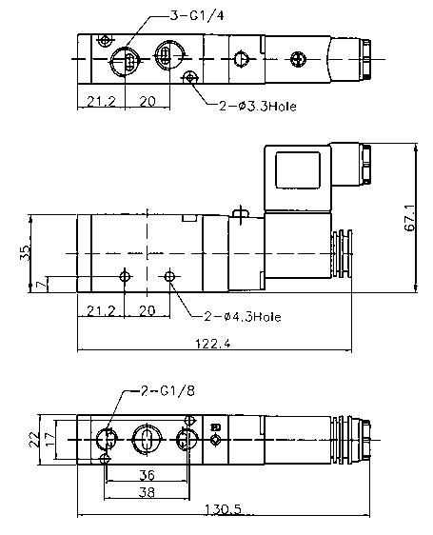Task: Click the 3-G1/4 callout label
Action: pyautogui.click(x=197, y=15)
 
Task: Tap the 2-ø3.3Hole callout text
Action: pyautogui.click(x=258, y=107)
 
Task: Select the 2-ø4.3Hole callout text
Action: pyautogui.click(x=243, y=317)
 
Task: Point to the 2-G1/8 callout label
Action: pyautogui.click(x=167, y=390)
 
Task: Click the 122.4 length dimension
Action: pyautogui.click(x=213, y=343)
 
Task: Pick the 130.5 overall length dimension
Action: pyautogui.click(x=223, y=509)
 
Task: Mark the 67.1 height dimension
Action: pyautogui.click(x=410, y=218)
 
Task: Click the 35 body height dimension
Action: pyautogui.click(x=25, y=253)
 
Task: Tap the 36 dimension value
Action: pyautogui.click(x=148, y=475)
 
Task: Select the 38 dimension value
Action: pyautogui.click(x=148, y=492)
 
